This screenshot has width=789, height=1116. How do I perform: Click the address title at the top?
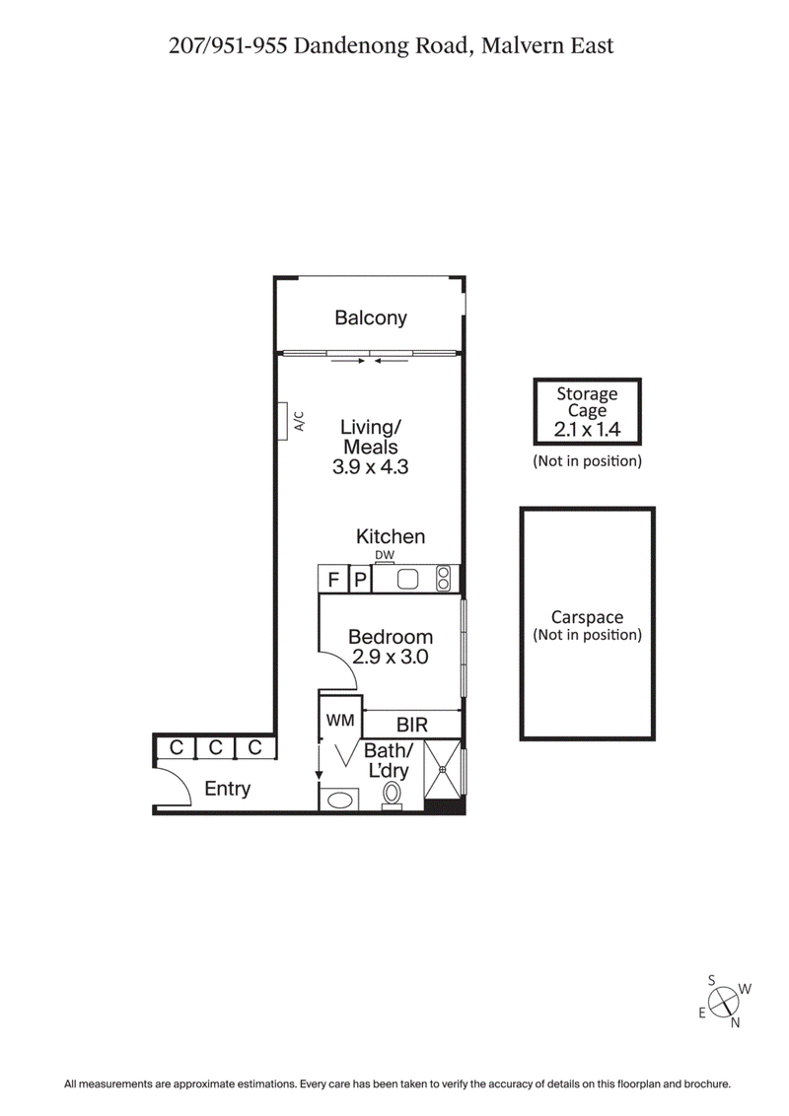pyautogui.click(x=391, y=45)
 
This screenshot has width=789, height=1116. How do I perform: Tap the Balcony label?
pyautogui.click(x=370, y=317)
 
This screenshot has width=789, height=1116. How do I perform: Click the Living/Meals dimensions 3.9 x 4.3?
pyautogui.click(x=370, y=466)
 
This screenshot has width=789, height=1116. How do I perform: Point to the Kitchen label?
pyautogui.click(x=391, y=536)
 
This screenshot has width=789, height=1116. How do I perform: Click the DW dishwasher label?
pyautogui.click(x=384, y=556)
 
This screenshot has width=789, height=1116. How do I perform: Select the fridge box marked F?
pyautogui.click(x=333, y=579)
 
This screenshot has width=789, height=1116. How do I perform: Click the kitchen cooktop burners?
pyautogui.click(x=444, y=578)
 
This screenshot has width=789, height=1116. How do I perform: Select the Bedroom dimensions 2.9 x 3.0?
pyautogui.click(x=390, y=658)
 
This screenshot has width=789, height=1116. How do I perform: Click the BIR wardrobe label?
pyautogui.click(x=411, y=725)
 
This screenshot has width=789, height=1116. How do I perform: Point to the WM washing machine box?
pyautogui.click(x=339, y=721)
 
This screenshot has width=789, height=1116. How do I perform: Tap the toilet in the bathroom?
pyautogui.click(x=394, y=795)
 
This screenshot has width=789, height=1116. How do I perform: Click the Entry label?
pyautogui.click(x=227, y=789)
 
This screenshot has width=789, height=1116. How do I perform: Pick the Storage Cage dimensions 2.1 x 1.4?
pyautogui.click(x=587, y=429)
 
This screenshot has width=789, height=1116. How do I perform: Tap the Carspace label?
pyautogui.click(x=587, y=617)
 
